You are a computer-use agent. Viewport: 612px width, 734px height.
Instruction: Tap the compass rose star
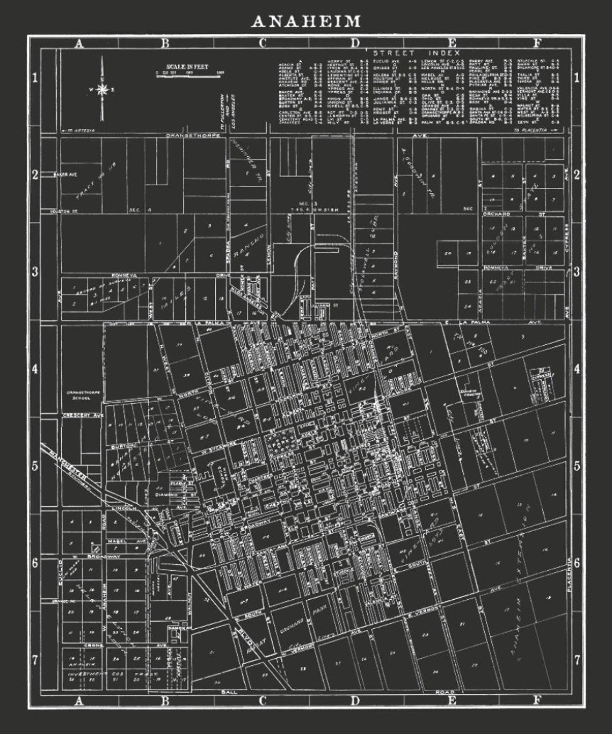(x=103, y=90)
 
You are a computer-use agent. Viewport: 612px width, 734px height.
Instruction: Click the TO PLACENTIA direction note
(x=535, y=130)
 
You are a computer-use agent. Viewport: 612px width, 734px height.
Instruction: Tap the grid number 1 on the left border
(x=35, y=78)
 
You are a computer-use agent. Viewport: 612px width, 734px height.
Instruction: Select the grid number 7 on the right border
(x=577, y=660)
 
